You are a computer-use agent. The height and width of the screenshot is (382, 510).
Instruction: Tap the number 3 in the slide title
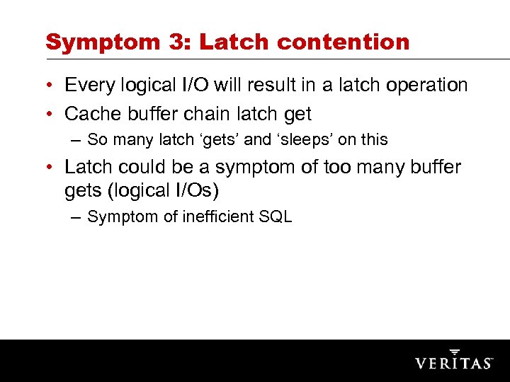point(176,42)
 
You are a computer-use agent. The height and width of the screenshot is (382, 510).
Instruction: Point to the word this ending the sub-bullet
point(373,140)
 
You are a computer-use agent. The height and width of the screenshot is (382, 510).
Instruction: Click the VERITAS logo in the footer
point(453,361)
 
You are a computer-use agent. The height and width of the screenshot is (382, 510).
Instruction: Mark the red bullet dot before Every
point(53,86)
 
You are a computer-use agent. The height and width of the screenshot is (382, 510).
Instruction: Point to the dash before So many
point(76,140)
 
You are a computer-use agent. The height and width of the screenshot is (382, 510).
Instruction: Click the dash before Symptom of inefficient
point(76,216)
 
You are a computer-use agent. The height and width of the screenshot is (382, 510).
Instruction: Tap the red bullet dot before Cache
point(53,114)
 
